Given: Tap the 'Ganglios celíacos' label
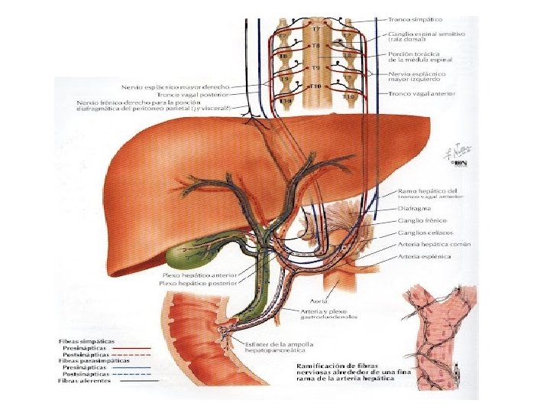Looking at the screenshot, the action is pyautogui.click(x=426, y=233).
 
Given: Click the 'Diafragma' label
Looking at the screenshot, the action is pyautogui.click(x=415, y=208).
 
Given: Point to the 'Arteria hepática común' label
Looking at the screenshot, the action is pyautogui.click(x=434, y=244).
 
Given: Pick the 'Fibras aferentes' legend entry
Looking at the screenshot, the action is pyautogui.click(x=84, y=380).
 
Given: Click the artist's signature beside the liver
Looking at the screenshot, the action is pyautogui.click(x=460, y=157).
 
